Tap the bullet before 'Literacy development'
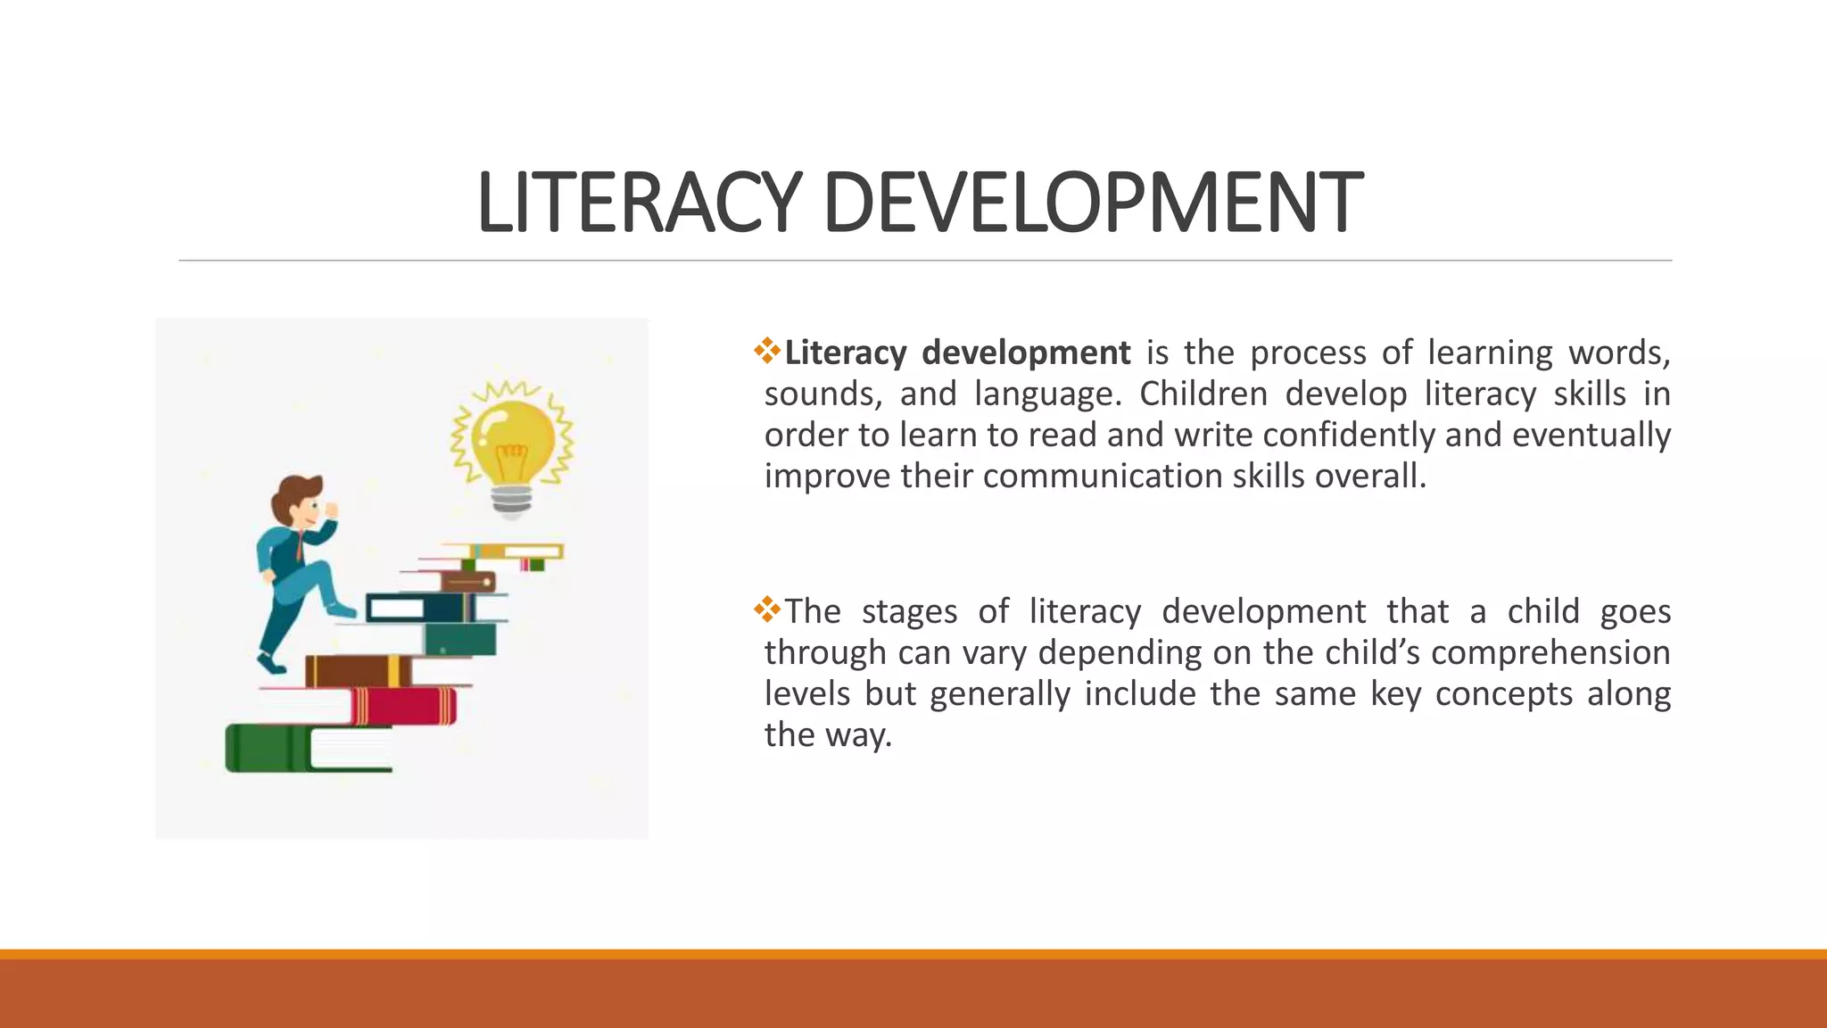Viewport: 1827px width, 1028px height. coord(766,351)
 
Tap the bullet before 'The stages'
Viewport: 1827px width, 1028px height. coord(766,609)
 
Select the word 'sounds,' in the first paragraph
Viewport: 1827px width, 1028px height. coord(823,394)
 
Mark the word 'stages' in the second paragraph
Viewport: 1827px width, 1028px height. coord(909,612)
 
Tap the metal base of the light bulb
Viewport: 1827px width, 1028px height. coord(512,502)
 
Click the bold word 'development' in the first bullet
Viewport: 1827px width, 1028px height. coord(1026,353)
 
